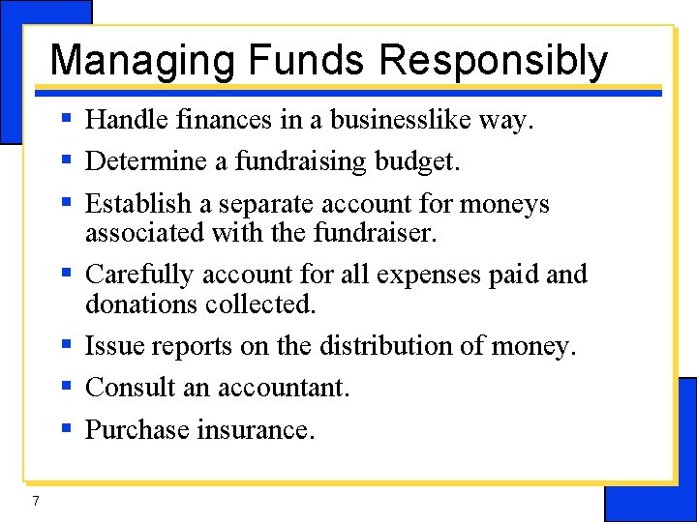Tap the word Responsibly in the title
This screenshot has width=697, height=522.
tap(493, 60)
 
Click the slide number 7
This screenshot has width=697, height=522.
tap(35, 500)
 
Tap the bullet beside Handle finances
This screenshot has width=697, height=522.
tap(66, 119)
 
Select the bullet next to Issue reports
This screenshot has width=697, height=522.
tap(66, 344)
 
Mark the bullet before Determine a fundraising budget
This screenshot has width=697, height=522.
tap(66, 160)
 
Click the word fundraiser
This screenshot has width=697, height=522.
tap(379, 233)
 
